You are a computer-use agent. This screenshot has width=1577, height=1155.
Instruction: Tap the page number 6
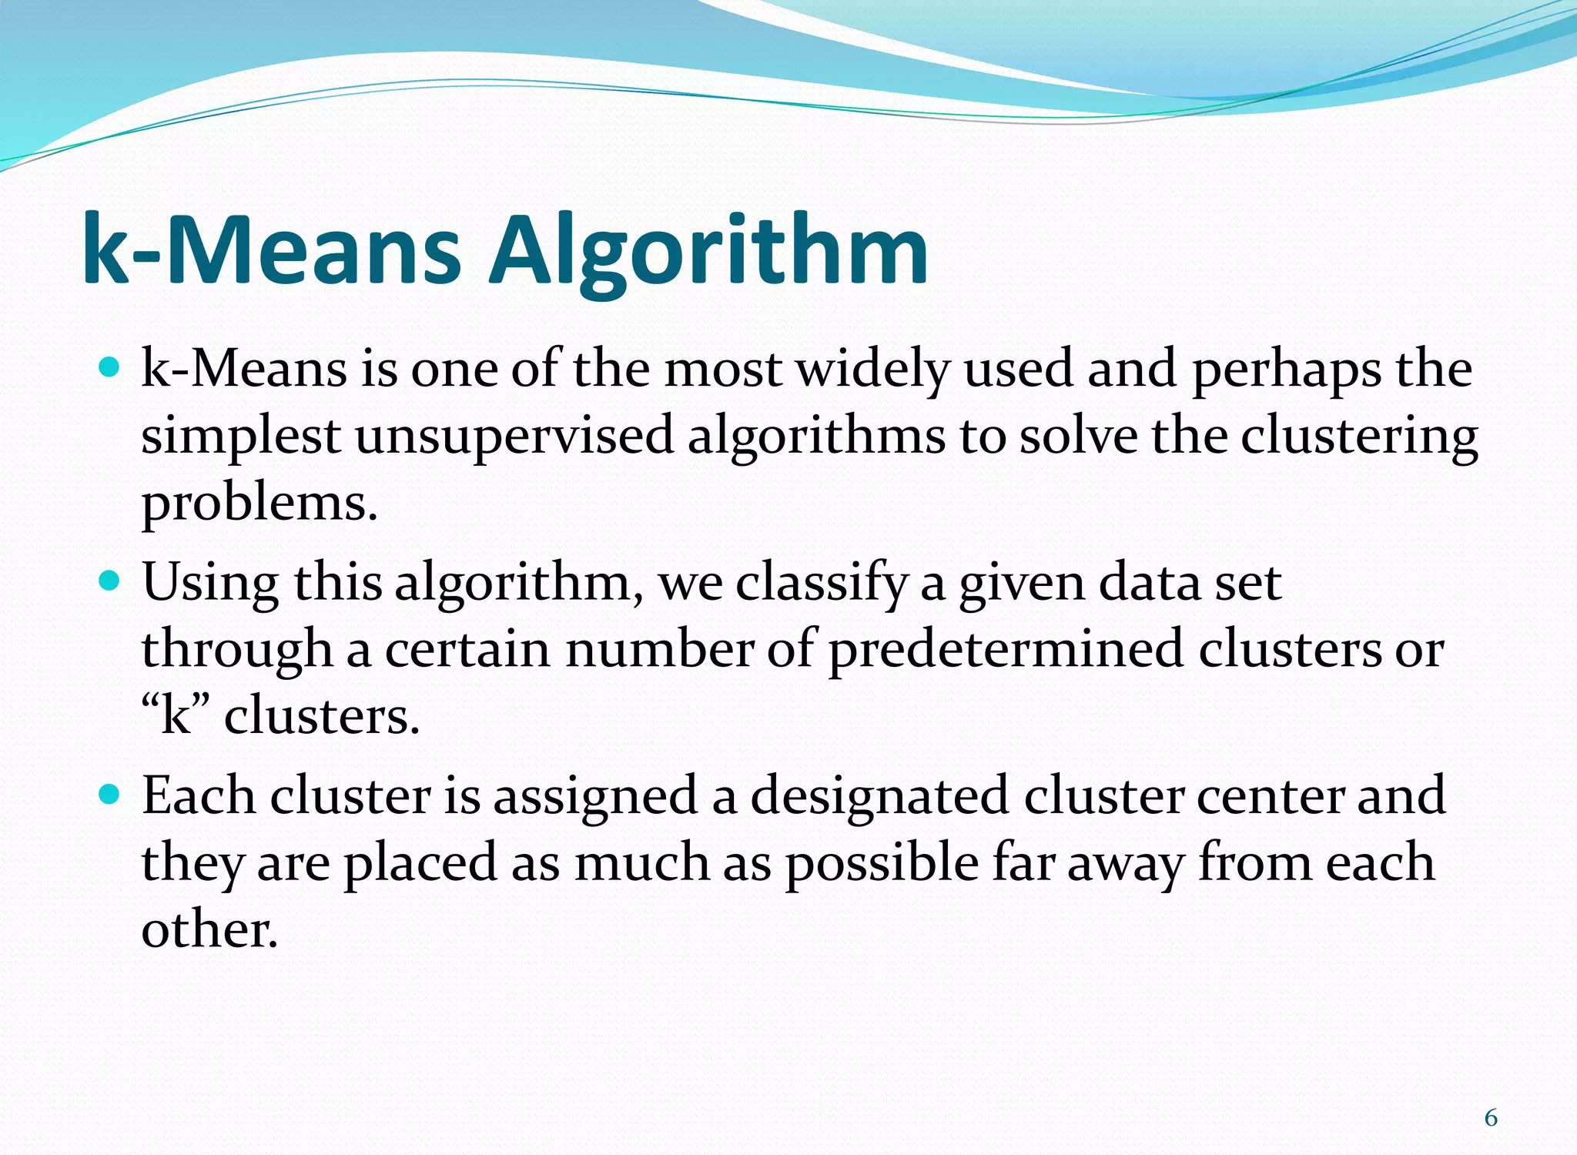tap(1491, 1117)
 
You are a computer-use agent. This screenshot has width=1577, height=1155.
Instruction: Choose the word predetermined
tap(1006, 649)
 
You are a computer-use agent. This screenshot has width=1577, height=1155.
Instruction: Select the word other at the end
tap(209, 929)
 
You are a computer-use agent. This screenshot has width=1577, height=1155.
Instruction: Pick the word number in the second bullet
tap(659, 649)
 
